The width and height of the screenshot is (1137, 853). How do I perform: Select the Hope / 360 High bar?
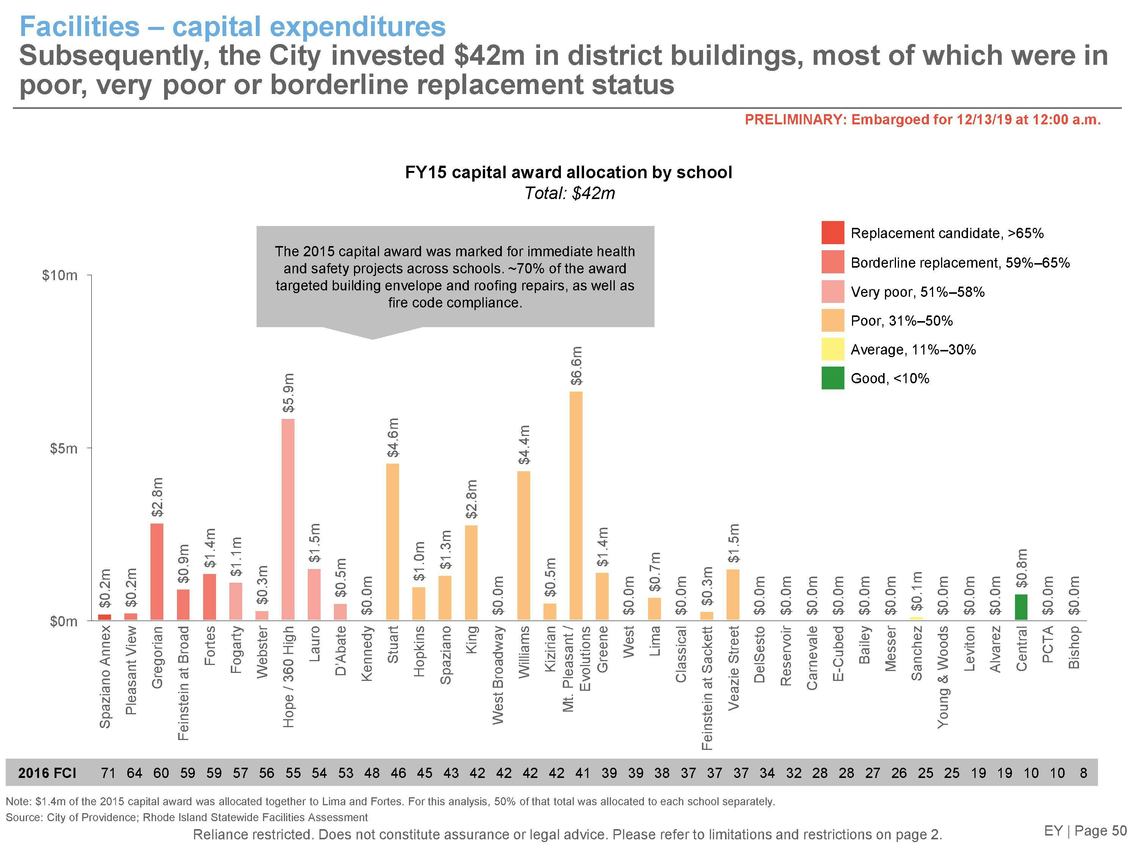pos(288,519)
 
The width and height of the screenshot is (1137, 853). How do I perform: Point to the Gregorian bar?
pos(157,571)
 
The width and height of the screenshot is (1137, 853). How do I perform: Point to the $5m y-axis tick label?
pos(64,448)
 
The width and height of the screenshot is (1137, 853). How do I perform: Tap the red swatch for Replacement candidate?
pos(833,232)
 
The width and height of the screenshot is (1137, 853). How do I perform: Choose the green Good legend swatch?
pos(833,378)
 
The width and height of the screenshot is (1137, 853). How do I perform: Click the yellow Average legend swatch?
pos(833,349)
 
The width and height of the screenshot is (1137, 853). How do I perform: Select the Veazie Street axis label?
pos(734,668)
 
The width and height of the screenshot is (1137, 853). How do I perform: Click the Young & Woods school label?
pos(942,677)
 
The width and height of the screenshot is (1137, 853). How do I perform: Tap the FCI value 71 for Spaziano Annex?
pos(108,773)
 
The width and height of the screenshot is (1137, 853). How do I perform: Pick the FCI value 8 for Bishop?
pos(1084,773)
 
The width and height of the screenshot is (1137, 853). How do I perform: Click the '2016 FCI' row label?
pos(47,773)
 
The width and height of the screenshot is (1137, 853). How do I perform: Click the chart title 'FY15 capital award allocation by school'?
pos(568,172)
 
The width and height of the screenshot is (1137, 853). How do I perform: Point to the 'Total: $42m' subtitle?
pos(570,193)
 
